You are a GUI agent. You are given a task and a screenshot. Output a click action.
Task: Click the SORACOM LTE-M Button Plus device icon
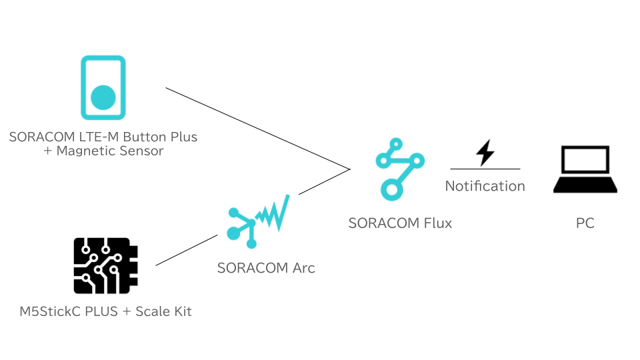pos(103,87)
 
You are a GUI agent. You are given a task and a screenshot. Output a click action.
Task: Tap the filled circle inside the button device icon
pos(103,97)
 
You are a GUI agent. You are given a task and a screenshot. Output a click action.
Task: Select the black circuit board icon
pos(105,265)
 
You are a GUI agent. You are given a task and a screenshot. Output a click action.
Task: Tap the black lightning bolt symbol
pos(485,153)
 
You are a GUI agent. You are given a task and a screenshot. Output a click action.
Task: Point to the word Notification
pos(485,186)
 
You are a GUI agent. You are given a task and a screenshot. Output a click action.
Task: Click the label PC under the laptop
pos(585,223)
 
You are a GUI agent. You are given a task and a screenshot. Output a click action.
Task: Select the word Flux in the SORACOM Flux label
pos(437,223)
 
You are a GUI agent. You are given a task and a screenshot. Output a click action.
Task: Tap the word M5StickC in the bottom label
pos(51,311)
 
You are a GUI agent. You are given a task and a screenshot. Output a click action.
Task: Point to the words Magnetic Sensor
pos(110,151)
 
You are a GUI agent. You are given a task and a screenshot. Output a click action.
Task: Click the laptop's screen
pos(585,160)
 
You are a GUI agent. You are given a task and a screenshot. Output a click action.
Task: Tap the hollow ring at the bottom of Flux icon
pos(392,189)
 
